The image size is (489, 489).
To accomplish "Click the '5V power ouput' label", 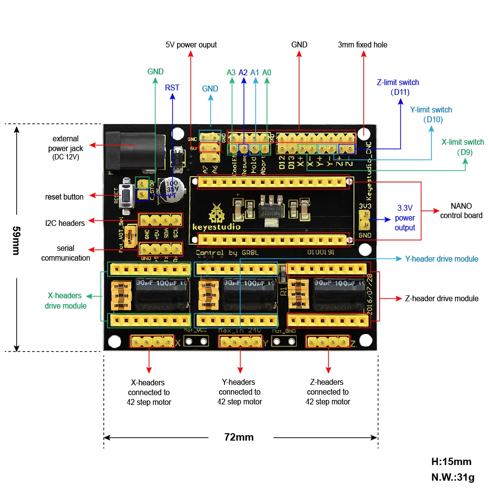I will tap(191, 45).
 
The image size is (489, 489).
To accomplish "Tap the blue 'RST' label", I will tap(172, 88).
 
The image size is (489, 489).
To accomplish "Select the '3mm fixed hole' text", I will tap(362, 45).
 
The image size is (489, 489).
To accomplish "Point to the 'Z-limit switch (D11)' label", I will tap(398, 87).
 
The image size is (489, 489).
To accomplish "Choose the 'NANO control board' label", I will tap(461, 211).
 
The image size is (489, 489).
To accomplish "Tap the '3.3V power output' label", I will tap(405, 218).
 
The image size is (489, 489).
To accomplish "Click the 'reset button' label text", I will tap(65, 197).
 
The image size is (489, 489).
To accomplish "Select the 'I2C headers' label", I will tap(65, 223).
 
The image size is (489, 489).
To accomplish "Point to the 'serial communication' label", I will tap(66, 253).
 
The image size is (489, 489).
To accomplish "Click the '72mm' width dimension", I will tap(239, 437).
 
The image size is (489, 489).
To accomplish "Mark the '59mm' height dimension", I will tap(16, 240).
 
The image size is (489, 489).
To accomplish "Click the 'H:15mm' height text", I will tap(451, 461).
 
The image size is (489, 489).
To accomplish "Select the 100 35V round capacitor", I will tap(174, 188).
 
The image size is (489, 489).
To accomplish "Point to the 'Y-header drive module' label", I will tap(442, 259).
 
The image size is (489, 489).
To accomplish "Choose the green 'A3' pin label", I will tap(231, 72).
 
